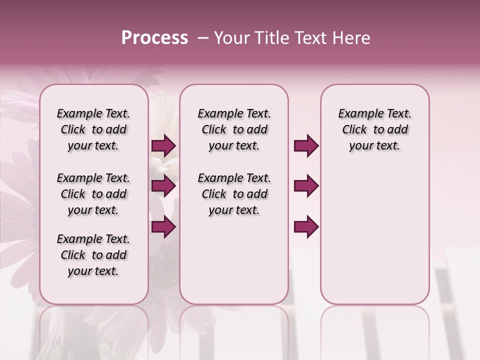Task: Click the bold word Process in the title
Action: (x=154, y=38)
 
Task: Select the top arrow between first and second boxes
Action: (x=163, y=146)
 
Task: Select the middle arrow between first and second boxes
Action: (x=163, y=186)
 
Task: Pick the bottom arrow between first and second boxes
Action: (x=163, y=227)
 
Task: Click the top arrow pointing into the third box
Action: (x=306, y=146)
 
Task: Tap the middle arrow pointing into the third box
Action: (x=306, y=186)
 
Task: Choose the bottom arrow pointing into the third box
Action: (x=306, y=227)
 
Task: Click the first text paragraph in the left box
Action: (x=93, y=129)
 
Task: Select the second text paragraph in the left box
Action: (x=93, y=194)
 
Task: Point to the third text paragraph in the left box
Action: (x=93, y=255)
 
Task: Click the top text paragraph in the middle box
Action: (x=234, y=129)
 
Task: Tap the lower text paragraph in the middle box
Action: (x=234, y=194)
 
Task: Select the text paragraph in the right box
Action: (x=374, y=129)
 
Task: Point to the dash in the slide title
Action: (x=203, y=38)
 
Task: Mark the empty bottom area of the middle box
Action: (x=234, y=265)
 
